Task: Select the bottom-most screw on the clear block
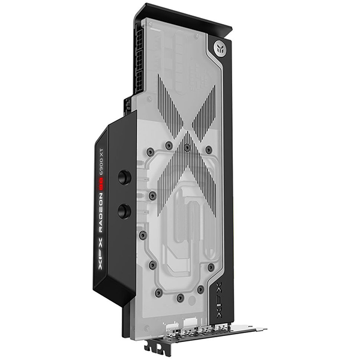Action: coord(181,297)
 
